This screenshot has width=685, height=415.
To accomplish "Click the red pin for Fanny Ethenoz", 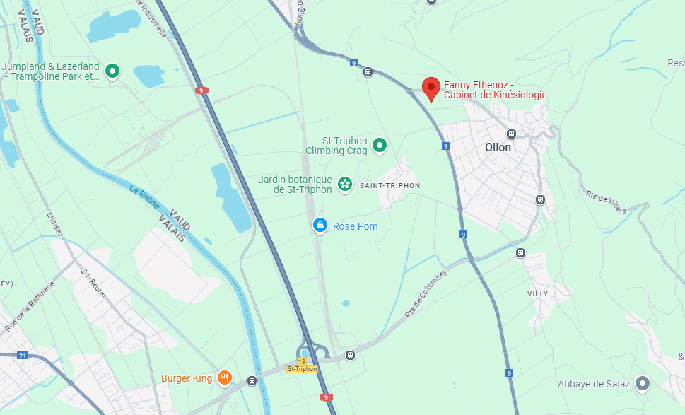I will click(x=431, y=88).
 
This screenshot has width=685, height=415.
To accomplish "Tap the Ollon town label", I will click(x=498, y=148).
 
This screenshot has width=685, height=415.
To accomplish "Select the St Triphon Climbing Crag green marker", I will click(x=380, y=146).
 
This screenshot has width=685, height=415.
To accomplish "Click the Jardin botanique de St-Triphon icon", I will click(x=345, y=185).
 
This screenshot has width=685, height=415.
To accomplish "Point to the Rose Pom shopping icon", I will click(x=320, y=226).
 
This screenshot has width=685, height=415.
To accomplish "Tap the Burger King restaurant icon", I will click(x=225, y=378).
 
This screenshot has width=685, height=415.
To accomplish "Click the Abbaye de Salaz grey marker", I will click(x=642, y=383).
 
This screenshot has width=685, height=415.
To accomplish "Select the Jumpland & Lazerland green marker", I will click(x=112, y=71).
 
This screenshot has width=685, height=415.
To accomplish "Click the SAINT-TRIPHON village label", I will click(x=390, y=185).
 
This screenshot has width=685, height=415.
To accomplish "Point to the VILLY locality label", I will click(x=537, y=293).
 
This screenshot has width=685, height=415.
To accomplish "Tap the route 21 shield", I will click(x=23, y=355).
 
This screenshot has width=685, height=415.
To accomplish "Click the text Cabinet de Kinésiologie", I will click(x=495, y=95).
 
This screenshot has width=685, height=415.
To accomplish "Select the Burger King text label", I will click(x=187, y=378).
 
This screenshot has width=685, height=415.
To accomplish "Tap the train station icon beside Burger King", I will click(x=252, y=380).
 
